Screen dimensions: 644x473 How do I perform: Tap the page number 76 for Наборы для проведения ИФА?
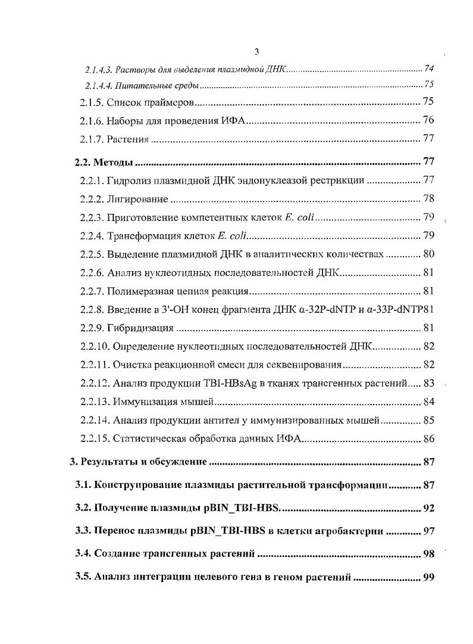428,120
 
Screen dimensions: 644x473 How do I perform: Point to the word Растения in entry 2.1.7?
127,139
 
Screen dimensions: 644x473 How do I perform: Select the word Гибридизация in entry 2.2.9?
140,328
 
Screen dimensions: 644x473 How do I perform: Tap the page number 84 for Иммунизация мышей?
428,402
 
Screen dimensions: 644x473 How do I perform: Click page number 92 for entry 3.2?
428,508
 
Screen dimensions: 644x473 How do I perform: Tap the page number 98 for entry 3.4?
428,554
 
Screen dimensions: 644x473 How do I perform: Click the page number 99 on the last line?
428,577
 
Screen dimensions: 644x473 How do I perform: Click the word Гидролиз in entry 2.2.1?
129,181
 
